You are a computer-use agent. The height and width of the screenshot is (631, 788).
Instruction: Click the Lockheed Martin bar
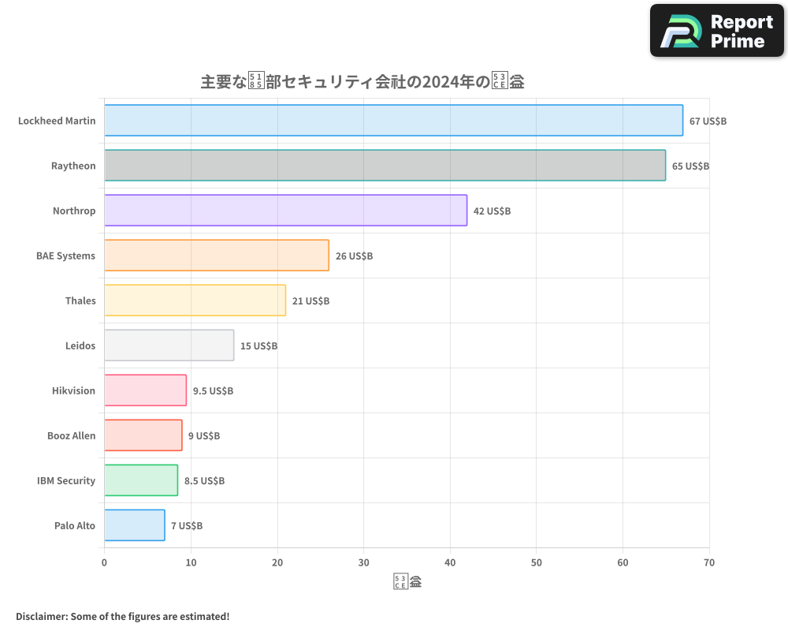[x=393, y=121]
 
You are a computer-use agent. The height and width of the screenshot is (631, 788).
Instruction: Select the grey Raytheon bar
[x=385, y=166]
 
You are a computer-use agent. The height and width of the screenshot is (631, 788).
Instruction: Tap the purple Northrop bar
[x=285, y=211]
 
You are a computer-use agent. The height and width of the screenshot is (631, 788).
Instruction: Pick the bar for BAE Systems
[x=217, y=256]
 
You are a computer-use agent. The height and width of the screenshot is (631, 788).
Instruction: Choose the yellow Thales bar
[x=195, y=301]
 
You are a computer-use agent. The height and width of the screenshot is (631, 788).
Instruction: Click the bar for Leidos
[x=169, y=345]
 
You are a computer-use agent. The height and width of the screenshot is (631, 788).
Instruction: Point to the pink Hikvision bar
[x=145, y=390]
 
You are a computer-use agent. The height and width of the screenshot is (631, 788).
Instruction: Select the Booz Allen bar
[x=143, y=435]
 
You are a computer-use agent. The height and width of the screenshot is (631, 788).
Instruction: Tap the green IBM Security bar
[x=141, y=480]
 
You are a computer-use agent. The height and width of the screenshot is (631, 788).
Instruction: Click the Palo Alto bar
[x=134, y=525]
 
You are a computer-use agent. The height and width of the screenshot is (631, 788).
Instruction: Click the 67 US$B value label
[x=708, y=121]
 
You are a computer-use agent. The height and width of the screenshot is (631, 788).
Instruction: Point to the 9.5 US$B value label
[x=213, y=391]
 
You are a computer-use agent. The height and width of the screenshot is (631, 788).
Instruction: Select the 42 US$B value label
[x=492, y=211]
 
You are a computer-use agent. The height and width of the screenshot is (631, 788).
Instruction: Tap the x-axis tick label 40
[x=450, y=562]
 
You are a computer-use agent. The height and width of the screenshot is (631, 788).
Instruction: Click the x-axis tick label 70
[x=709, y=562]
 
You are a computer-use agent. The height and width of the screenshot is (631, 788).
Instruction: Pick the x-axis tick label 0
[x=104, y=562]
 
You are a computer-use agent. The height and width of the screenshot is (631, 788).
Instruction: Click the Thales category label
[x=80, y=301]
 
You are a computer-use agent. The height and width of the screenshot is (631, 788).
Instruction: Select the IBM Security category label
[x=66, y=480]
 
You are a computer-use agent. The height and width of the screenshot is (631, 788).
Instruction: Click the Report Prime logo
[x=716, y=31]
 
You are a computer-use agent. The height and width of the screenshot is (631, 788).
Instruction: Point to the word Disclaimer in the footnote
[x=40, y=616]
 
